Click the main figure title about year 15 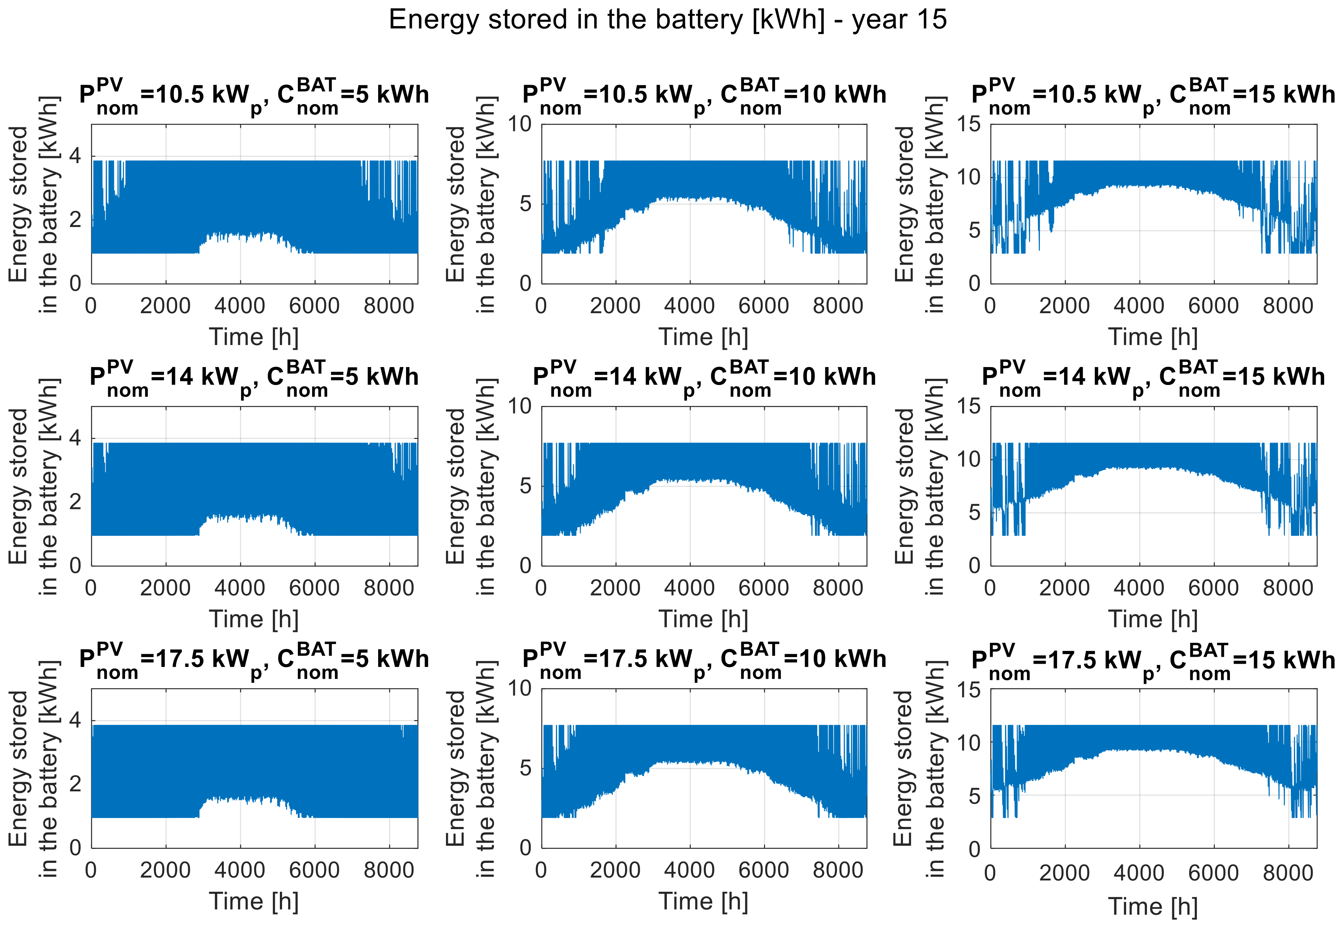668,20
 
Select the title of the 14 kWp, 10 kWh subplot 704,378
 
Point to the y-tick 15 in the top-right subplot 969,124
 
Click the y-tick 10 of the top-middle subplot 520,124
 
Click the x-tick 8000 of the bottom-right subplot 1287,873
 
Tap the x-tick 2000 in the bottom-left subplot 165,870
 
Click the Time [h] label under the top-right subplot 1153,337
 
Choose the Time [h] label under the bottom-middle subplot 703,901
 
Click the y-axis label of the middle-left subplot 34,487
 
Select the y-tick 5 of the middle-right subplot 974,513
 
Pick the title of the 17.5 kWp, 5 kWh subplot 254,660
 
